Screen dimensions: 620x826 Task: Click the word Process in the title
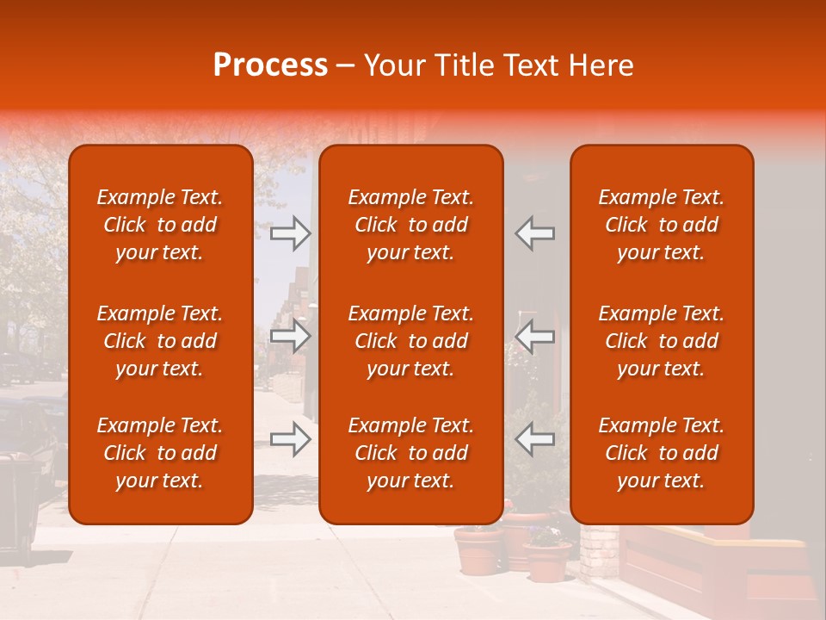point(270,65)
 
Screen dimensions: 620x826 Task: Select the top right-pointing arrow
point(290,233)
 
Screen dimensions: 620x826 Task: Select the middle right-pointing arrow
point(290,336)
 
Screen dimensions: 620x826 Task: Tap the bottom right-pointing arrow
point(290,439)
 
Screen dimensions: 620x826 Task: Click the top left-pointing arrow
point(535,233)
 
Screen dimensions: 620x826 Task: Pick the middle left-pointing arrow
point(535,336)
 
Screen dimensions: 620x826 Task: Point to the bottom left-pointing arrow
point(535,439)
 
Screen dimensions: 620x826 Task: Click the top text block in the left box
point(160,225)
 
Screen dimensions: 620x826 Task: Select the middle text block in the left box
point(160,341)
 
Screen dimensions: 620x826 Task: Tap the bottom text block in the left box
point(160,453)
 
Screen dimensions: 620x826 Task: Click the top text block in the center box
point(410,225)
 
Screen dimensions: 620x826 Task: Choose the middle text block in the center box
point(410,341)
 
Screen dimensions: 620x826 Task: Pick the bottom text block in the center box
point(410,453)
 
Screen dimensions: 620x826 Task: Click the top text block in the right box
point(661,225)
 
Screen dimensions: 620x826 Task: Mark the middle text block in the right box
point(661,341)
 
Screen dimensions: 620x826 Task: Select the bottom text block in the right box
point(661,453)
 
